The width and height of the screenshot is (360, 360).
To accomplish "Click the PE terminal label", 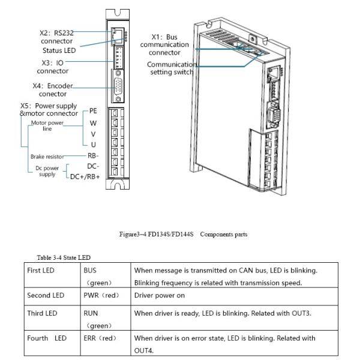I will pos(92,110).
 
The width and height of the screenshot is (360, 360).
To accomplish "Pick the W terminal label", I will pos(93,122).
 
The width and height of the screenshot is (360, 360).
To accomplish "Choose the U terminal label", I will pos(93,145).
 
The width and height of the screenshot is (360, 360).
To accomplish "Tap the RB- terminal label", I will pos(92,155).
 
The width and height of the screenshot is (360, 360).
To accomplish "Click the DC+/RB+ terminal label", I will pos(85,176).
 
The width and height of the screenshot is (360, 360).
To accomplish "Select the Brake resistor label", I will pos(47,157).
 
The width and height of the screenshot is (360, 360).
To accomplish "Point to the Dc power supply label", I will pos(47,172).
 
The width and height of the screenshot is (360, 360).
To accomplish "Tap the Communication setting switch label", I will pos(172,68).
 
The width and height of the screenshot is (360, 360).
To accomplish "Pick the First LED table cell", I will pos(41,271).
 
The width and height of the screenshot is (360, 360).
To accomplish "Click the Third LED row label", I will pos(41,313).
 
